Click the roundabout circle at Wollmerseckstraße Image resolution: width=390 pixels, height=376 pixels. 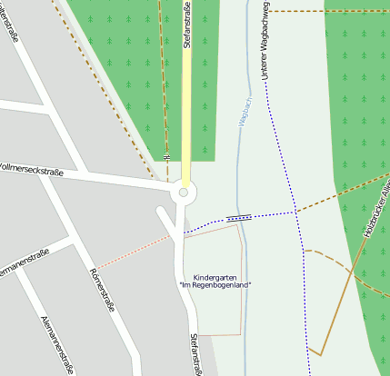pos(184,193)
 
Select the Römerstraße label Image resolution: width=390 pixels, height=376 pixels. pos(102,290)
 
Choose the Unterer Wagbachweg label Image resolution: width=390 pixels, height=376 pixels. pos(267,45)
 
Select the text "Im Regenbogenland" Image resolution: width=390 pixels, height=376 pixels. pos(215,285)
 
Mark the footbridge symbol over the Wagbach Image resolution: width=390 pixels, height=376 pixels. pos(238,218)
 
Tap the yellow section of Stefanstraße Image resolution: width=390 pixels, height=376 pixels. pos(186,109)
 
